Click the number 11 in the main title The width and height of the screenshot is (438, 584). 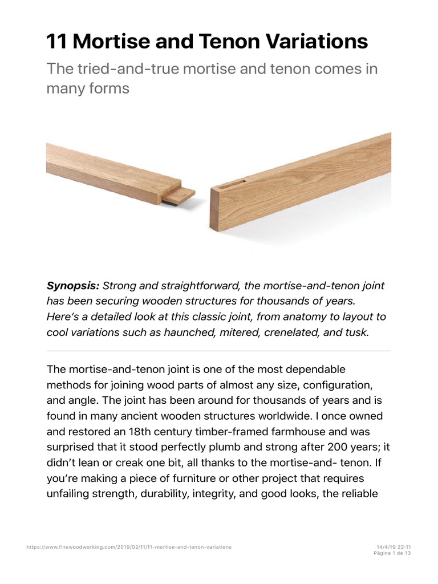coord(56,42)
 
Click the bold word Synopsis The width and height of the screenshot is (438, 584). coord(72,285)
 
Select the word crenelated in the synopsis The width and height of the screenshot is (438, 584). coord(290,332)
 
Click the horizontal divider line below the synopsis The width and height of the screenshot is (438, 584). coord(219,351)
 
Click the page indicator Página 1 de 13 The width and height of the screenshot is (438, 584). coord(392,553)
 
